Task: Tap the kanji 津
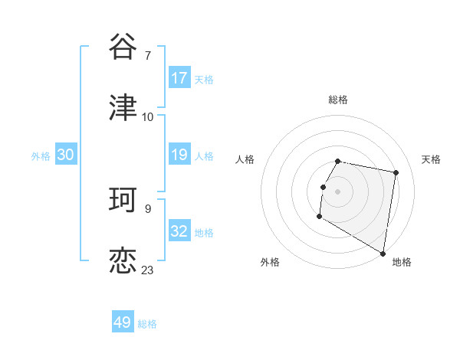(123, 106)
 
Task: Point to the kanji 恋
(123, 260)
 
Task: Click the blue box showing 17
(179, 78)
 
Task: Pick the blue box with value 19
(179, 155)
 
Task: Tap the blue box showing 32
(179, 231)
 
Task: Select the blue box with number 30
(66, 155)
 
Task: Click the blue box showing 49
(123, 322)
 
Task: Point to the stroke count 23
(147, 270)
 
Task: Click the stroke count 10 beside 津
(147, 116)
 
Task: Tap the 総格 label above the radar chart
(338, 100)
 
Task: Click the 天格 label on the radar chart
(431, 159)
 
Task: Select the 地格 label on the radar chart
(402, 262)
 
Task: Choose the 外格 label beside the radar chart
(270, 262)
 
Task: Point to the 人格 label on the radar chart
(245, 159)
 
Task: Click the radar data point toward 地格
(383, 254)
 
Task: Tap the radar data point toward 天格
(396, 173)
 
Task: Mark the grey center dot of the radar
(338, 191)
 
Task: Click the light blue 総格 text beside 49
(147, 324)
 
